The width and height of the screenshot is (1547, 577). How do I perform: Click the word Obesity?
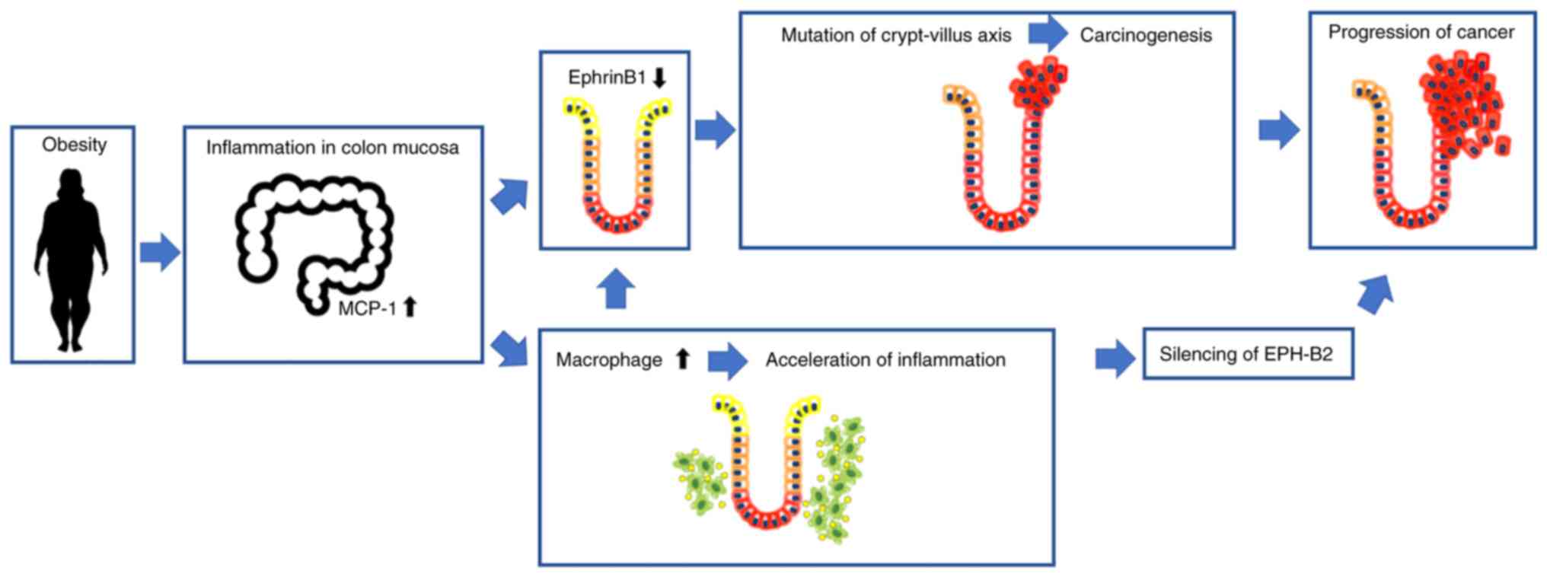click(74, 145)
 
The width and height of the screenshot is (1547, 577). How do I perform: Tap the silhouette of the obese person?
click(72, 259)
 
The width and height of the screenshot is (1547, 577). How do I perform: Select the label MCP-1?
click(367, 308)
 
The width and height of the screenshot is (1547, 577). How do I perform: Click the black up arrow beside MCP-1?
click(410, 307)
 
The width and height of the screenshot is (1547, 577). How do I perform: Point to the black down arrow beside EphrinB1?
click(659, 77)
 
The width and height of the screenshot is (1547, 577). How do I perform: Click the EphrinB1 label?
click(606, 78)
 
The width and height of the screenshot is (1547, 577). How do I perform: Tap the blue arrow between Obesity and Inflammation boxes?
click(159, 252)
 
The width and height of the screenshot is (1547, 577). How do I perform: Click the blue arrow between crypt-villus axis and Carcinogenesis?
click(1048, 33)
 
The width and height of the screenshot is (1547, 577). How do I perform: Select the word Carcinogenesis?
click(1146, 36)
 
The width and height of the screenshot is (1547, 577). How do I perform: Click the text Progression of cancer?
click(1421, 32)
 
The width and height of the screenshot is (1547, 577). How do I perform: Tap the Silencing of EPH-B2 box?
click(1247, 354)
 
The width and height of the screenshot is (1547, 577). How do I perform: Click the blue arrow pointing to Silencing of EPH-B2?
click(1115, 358)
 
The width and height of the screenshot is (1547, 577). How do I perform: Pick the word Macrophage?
click(609, 360)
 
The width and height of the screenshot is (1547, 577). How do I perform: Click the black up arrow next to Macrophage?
click(683, 359)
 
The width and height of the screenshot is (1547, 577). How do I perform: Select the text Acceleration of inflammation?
click(885, 360)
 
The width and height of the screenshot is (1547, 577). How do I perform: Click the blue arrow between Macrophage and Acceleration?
click(727, 360)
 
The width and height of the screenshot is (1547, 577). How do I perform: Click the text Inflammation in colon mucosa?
click(332, 148)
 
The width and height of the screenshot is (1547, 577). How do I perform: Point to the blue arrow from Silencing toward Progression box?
click(1376, 293)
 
